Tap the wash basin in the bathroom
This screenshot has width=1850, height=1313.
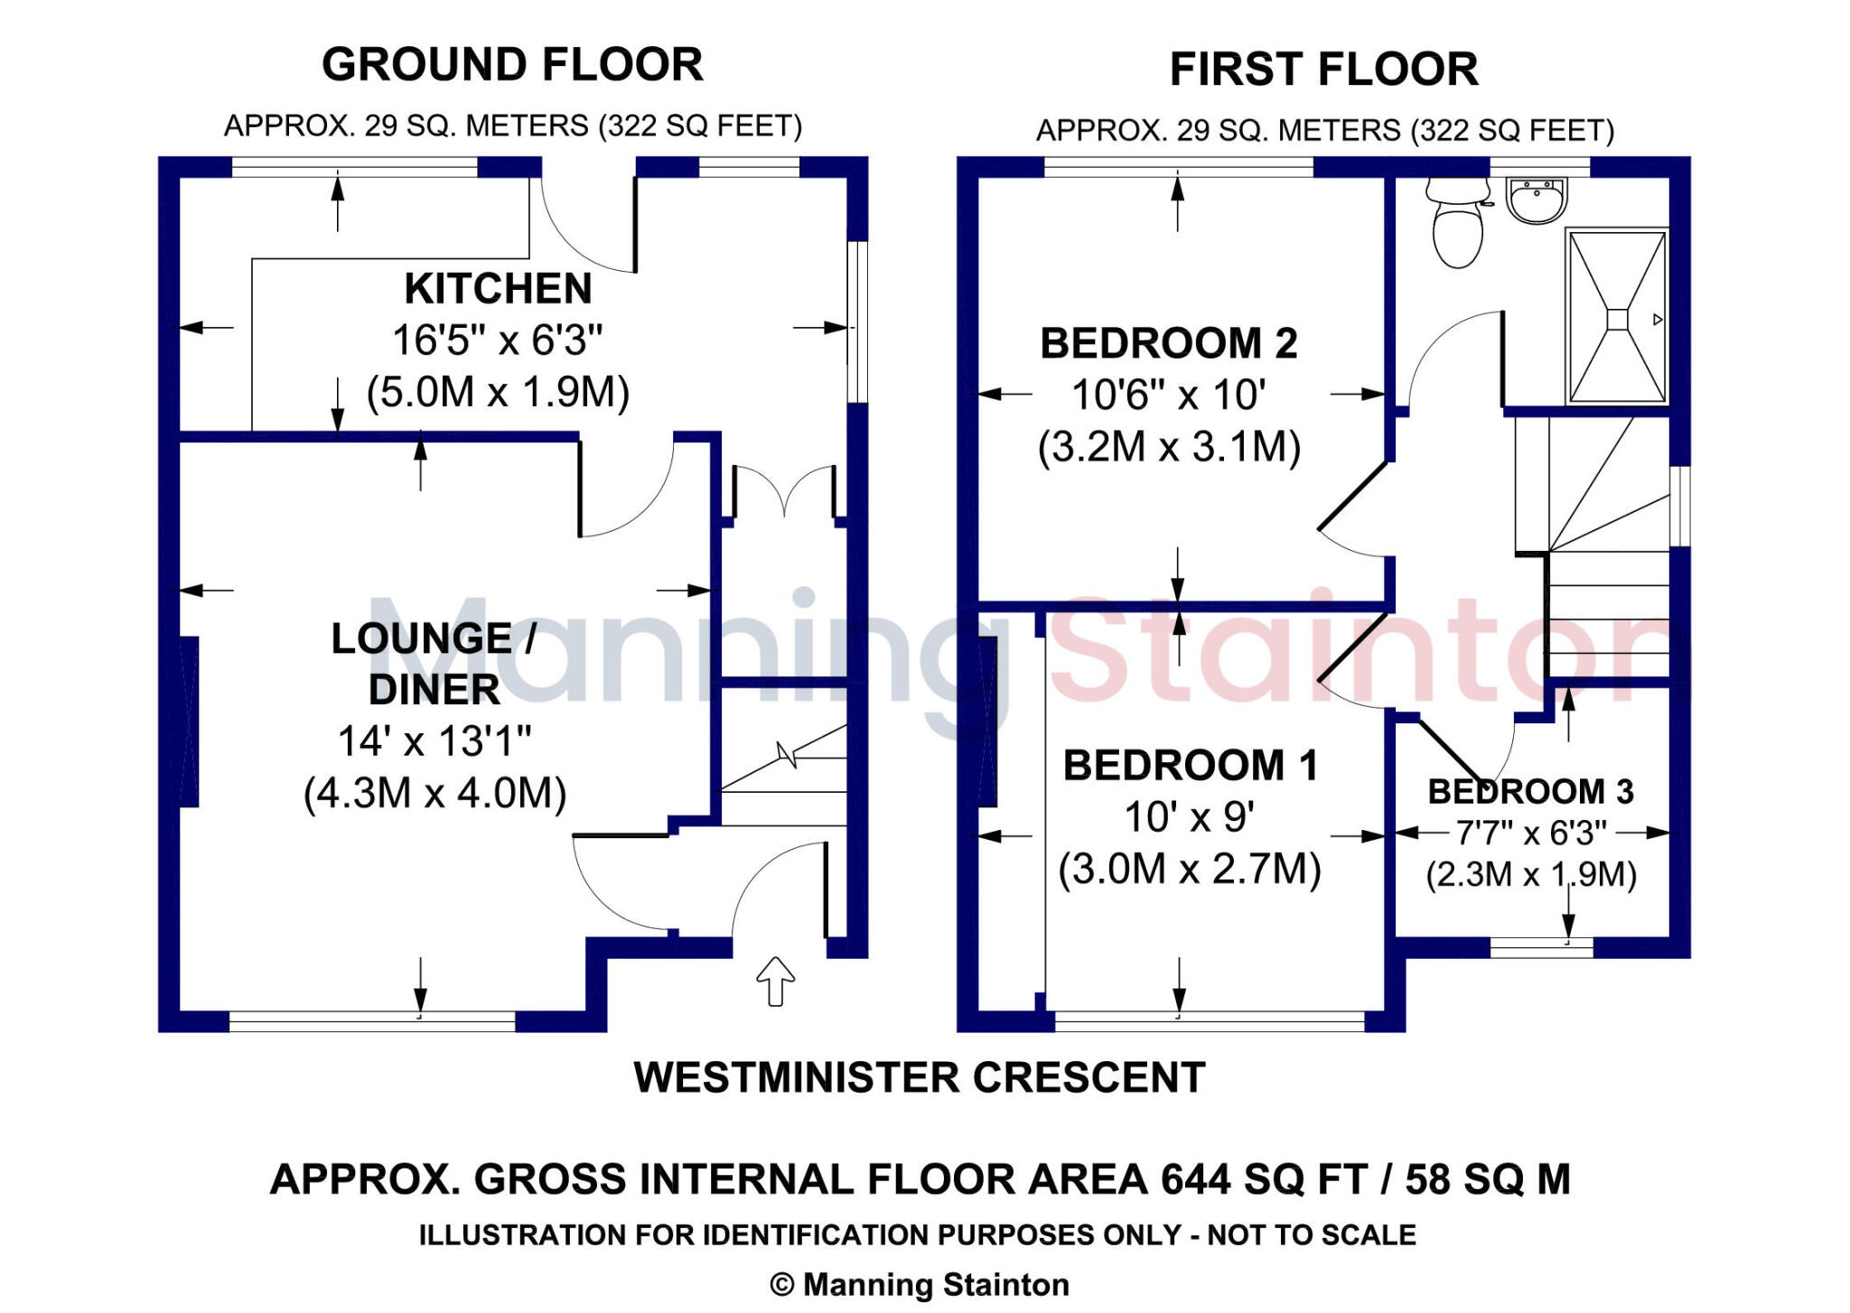click(x=1537, y=200)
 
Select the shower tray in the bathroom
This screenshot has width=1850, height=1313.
click(x=1617, y=318)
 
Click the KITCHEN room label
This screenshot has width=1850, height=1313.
click(x=498, y=289)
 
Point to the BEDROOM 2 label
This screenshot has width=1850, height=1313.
click(x=1168, y=343)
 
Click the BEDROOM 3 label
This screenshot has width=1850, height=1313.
click(x=1530, y=792)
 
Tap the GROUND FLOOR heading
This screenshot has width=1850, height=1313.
click(x=512, y=65)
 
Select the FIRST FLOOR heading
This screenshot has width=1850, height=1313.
click(x=1323, y=70)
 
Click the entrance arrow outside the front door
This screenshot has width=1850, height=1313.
click(x=775, y=981)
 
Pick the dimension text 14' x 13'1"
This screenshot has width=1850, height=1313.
click(x=434, y=741)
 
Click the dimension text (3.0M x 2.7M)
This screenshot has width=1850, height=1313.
click(x=1189, y=870)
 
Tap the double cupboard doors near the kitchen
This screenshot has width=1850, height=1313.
click(x=784, y=492)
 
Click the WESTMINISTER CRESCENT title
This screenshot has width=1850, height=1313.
click(x=919, y=1077)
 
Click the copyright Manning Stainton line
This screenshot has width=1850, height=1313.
click(x=919, y=1284)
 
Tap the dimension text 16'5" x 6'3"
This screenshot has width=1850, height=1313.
click(x=497, y=340)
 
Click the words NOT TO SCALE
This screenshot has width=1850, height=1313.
click(x=1311, y=1234)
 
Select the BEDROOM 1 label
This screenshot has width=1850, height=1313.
click(x=1190, y=766)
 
